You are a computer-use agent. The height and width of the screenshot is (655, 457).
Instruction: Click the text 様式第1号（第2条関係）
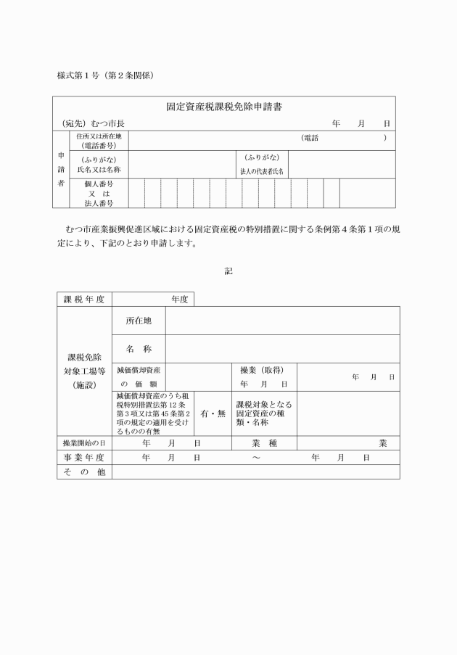[105, 75]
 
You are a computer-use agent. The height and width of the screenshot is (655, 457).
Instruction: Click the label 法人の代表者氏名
[262, 172]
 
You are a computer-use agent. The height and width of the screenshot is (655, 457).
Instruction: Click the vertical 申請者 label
[60, 170]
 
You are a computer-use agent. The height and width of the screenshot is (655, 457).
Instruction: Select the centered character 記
[228, 271]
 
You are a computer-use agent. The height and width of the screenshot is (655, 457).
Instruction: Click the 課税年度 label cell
[84, 299]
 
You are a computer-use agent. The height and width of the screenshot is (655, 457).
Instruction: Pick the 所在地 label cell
[139, 321]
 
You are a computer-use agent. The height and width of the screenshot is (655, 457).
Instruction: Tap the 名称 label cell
[139, 349]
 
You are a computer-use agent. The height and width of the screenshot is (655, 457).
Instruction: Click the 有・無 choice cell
[213, 413]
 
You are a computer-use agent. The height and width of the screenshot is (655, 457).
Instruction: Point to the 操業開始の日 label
[84, 442]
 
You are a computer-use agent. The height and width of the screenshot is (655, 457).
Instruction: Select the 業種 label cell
[264, 442]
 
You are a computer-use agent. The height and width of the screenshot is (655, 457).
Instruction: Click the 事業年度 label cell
[84, 457]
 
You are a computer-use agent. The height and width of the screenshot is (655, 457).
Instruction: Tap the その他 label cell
[84, 471]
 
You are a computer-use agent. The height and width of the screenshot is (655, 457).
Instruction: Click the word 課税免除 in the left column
[84, 358]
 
